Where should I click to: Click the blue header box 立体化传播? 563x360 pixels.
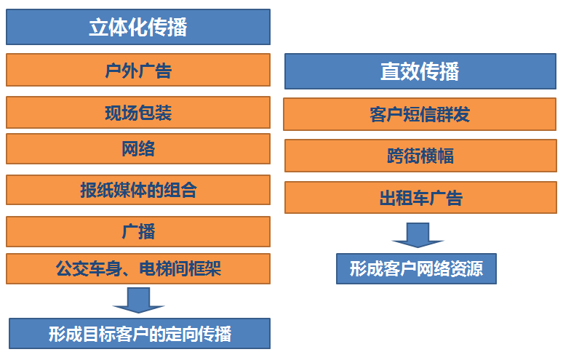(x=138, y=27)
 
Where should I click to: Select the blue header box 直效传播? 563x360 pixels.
(x=420, y=71)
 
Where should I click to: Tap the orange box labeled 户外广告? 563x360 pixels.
(x=138, y=70)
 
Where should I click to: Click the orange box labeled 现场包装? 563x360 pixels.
(x=138, y=112)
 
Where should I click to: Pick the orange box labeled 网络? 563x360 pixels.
(x=138, y=148)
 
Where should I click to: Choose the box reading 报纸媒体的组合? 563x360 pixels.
(x=138, y=190)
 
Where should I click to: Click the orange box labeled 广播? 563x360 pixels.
(x=138, y=231)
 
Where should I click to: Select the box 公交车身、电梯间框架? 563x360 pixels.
(x=138, y=269)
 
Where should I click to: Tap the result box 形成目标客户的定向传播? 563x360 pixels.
(x=140, y=333)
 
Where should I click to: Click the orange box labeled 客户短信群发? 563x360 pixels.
(x=420, y=114)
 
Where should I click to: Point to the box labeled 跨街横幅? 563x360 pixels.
(x=420, y=156)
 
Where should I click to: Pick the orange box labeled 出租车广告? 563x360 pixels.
(x=420, y=197)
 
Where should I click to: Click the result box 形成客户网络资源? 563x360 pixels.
(x=417, y=269)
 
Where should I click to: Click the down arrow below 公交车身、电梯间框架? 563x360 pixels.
(x=138, y=300)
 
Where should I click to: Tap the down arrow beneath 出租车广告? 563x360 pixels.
(x=418, y=235)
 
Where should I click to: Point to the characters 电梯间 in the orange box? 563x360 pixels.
(x=164, y=269)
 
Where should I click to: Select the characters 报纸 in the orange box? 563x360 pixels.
(x=97, y=190)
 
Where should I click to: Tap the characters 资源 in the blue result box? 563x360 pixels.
(x=466, y=269)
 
